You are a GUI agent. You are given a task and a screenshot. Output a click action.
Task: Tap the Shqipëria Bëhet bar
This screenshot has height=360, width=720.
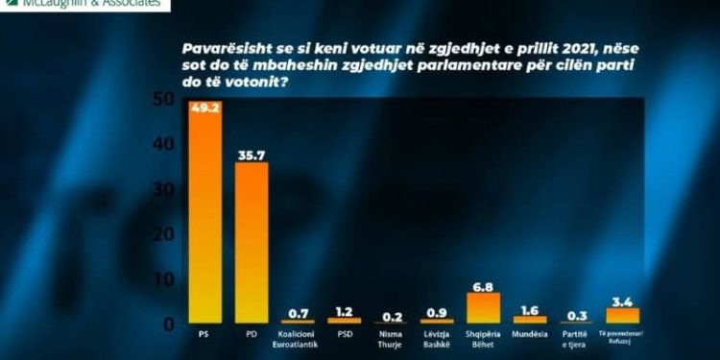[483, 307]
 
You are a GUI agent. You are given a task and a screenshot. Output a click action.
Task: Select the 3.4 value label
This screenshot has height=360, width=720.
[622, 298]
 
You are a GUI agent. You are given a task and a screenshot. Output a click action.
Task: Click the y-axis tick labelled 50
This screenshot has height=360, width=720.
[163, 99]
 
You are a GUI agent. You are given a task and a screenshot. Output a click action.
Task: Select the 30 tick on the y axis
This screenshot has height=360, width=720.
[163, 189]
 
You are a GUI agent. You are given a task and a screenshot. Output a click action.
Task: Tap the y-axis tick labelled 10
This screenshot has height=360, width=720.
[164, 279]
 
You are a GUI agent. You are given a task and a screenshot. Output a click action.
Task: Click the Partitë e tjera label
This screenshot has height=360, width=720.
[576, 340]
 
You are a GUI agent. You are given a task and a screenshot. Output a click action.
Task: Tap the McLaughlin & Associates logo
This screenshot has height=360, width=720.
[86, 4]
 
